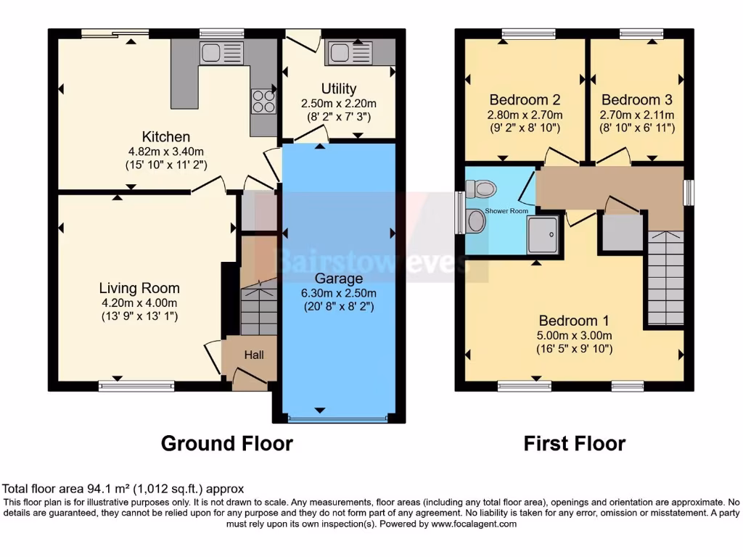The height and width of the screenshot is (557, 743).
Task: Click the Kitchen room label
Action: (165, 136)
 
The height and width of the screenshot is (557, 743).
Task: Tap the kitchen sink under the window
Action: (221, 52)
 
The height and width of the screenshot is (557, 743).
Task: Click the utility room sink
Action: (349, 51)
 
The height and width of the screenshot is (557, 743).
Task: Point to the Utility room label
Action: (339, 88)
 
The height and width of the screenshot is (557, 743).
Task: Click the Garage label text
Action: (340, 278)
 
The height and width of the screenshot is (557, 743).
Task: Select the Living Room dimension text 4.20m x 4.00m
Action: (139, 302)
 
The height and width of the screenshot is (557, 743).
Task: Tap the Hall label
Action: (254, 355)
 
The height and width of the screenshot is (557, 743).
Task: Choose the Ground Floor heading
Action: (226, 443)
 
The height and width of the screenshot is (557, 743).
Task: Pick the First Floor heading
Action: (575, 443)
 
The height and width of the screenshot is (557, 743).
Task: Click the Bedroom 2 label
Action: (525, 99)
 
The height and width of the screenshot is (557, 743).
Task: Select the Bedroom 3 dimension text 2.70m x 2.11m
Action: (637, 115)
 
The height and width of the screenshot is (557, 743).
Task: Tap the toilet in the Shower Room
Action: (481, 189)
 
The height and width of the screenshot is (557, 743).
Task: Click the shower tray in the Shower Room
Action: (543, 230)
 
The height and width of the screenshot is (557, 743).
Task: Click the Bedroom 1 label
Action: (574, 321)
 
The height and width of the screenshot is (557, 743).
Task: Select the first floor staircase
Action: (665, 279)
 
